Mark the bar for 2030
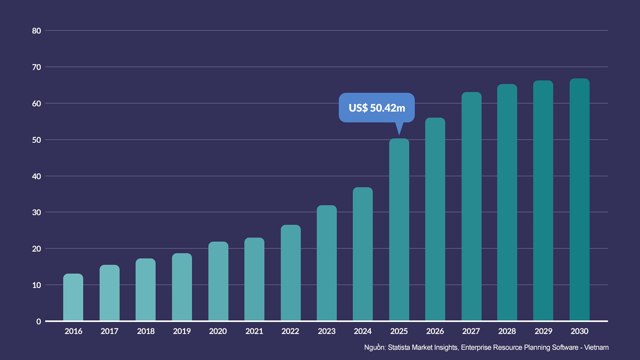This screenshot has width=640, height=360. click(x=580, y=200)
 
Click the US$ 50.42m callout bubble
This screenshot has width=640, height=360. click(x=376, y=108)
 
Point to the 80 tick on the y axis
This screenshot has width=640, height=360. click(x=36, y=31)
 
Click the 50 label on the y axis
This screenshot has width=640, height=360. click(x=36, y=140)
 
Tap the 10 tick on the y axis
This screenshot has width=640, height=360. click(x=36, y=285)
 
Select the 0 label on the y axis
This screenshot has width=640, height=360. click(x=38, y=322)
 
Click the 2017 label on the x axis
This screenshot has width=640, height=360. click(x=109, y=331)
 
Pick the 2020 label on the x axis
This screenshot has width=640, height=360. click(x=218, y=331)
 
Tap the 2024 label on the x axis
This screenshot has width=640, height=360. click(x=363, y=331)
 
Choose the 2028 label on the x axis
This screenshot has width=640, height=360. click(x=507, y=331)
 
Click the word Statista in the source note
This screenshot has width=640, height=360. click(x=399, y=348)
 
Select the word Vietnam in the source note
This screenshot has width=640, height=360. click(x=596, y=348)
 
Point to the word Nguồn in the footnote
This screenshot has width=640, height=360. click(x=374, y=348)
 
